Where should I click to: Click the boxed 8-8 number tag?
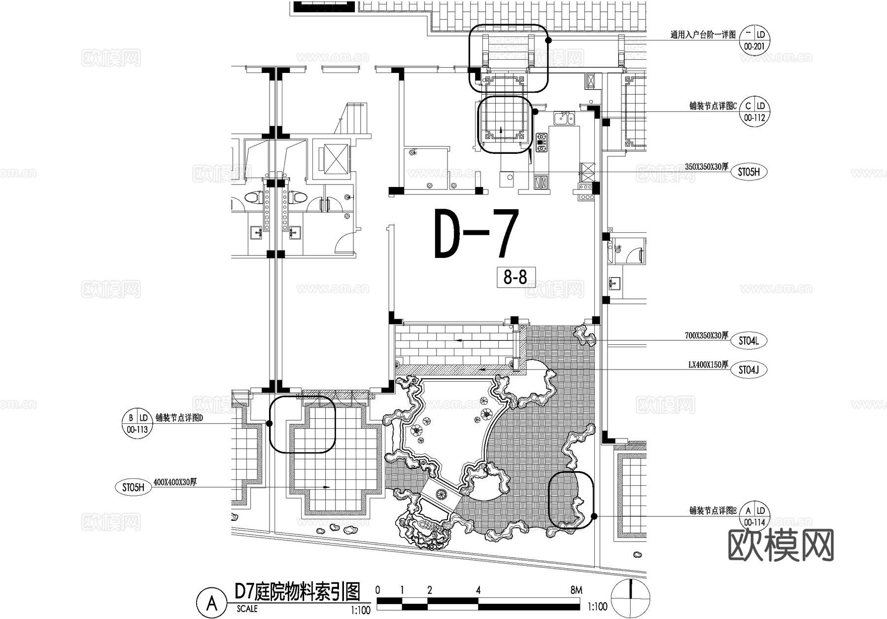tap(515, 278)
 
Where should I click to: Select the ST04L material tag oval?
tap(749, 341)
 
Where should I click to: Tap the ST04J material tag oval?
tap(749, 370)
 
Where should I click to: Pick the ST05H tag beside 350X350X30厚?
tap(749, 172)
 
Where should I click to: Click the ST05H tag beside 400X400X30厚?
tap(133, 488)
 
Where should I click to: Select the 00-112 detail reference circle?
tap(754, 112)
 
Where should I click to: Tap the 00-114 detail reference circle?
tap(754, 516)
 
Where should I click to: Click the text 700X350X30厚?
tap(706, 335)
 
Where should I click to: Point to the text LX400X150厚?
tap(708, 365)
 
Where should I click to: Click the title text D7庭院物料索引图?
tap(297, 591)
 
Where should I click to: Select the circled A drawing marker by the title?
tap(212, 602)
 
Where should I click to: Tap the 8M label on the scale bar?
tap(576, 590)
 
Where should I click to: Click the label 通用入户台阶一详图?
tap(703, 35)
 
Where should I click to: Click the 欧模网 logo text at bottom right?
tap(781, 545)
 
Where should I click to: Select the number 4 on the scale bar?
tap(478, 590)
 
